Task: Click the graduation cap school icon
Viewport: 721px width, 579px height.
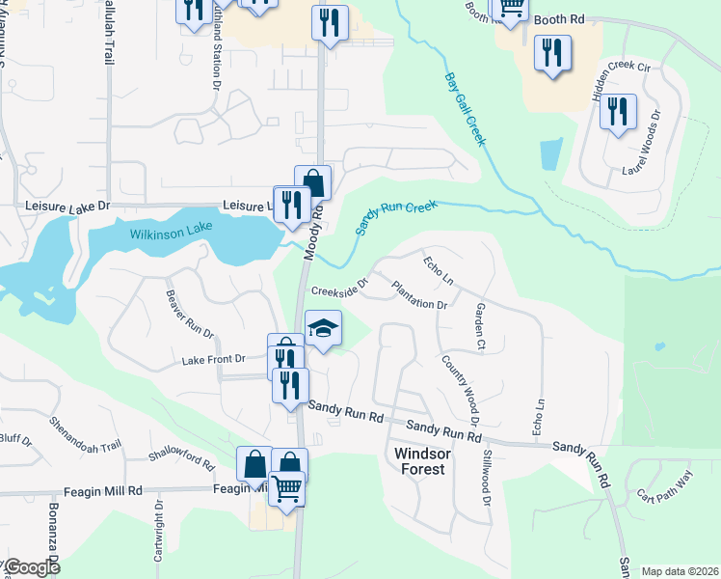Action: [324, 330]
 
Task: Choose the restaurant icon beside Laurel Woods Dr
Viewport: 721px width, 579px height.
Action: [618, 111]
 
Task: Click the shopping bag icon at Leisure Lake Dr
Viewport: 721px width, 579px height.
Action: [312, 182]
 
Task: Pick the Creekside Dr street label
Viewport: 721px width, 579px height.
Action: [339, 290]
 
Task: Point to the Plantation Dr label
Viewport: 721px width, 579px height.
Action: [419, 294]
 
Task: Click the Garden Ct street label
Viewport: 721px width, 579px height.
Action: [479, 324]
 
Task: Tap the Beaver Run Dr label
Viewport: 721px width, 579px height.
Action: [189, 314]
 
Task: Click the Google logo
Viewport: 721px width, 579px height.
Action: [32, 568]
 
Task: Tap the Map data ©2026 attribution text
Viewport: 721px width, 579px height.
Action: [679, 571]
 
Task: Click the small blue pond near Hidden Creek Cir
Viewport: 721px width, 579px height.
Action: [551, 154]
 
